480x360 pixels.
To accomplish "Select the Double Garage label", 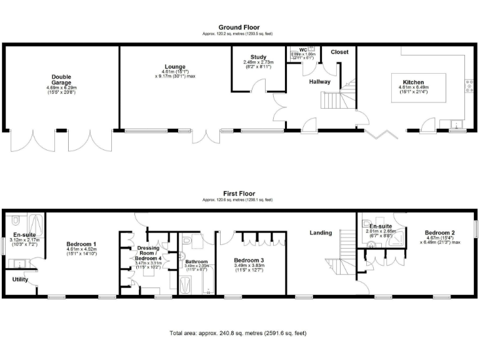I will pos(61,79).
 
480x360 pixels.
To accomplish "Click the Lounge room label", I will pos(174,66).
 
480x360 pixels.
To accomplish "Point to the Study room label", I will pos(258,57).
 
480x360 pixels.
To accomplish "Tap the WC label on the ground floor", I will pos(302,49).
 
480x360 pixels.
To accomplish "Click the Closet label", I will pos(339,52).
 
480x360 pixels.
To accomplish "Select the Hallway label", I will pos(320,81).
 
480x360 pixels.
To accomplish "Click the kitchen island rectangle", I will pos(418,88).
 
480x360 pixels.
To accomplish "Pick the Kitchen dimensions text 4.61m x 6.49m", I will pos(413,88).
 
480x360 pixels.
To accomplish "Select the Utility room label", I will pos(20,279).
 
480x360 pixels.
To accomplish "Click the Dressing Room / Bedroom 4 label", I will pos(149,252).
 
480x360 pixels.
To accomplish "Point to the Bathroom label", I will pos(196,261).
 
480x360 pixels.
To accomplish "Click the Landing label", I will pos(320,233).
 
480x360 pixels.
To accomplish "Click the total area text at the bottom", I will pos(237,333).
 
